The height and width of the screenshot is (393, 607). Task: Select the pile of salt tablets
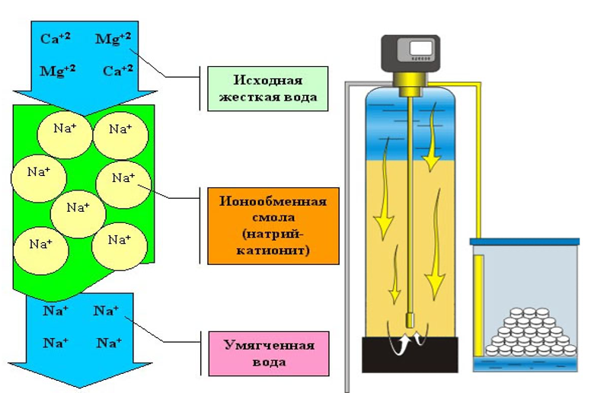tap(528, 331)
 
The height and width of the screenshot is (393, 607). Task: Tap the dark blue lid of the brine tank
tap(525, 241)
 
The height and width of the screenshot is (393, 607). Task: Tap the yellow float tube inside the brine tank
tap(478, 303)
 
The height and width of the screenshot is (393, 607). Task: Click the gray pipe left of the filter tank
tap(347, 228)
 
